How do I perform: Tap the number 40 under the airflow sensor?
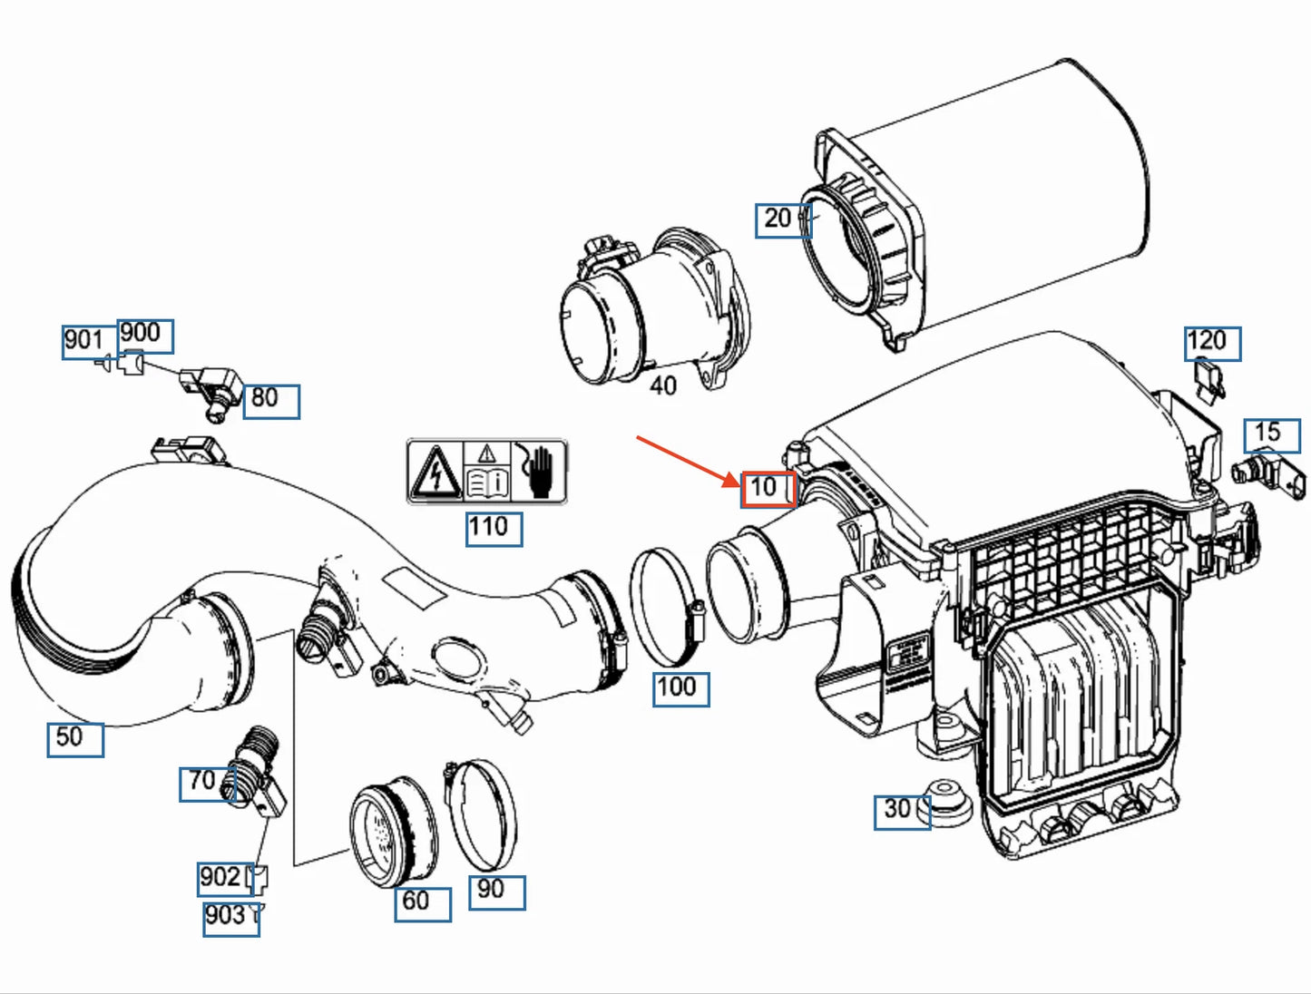click(x=663, y=386)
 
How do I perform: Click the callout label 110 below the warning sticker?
click(x=493, y=528)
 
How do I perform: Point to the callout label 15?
click(x=1270, y=434)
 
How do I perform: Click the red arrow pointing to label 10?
click(x=688, y=460)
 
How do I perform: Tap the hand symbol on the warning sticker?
click(x=540, y=471)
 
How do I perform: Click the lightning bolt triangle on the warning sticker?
click(x=436, y=472)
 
